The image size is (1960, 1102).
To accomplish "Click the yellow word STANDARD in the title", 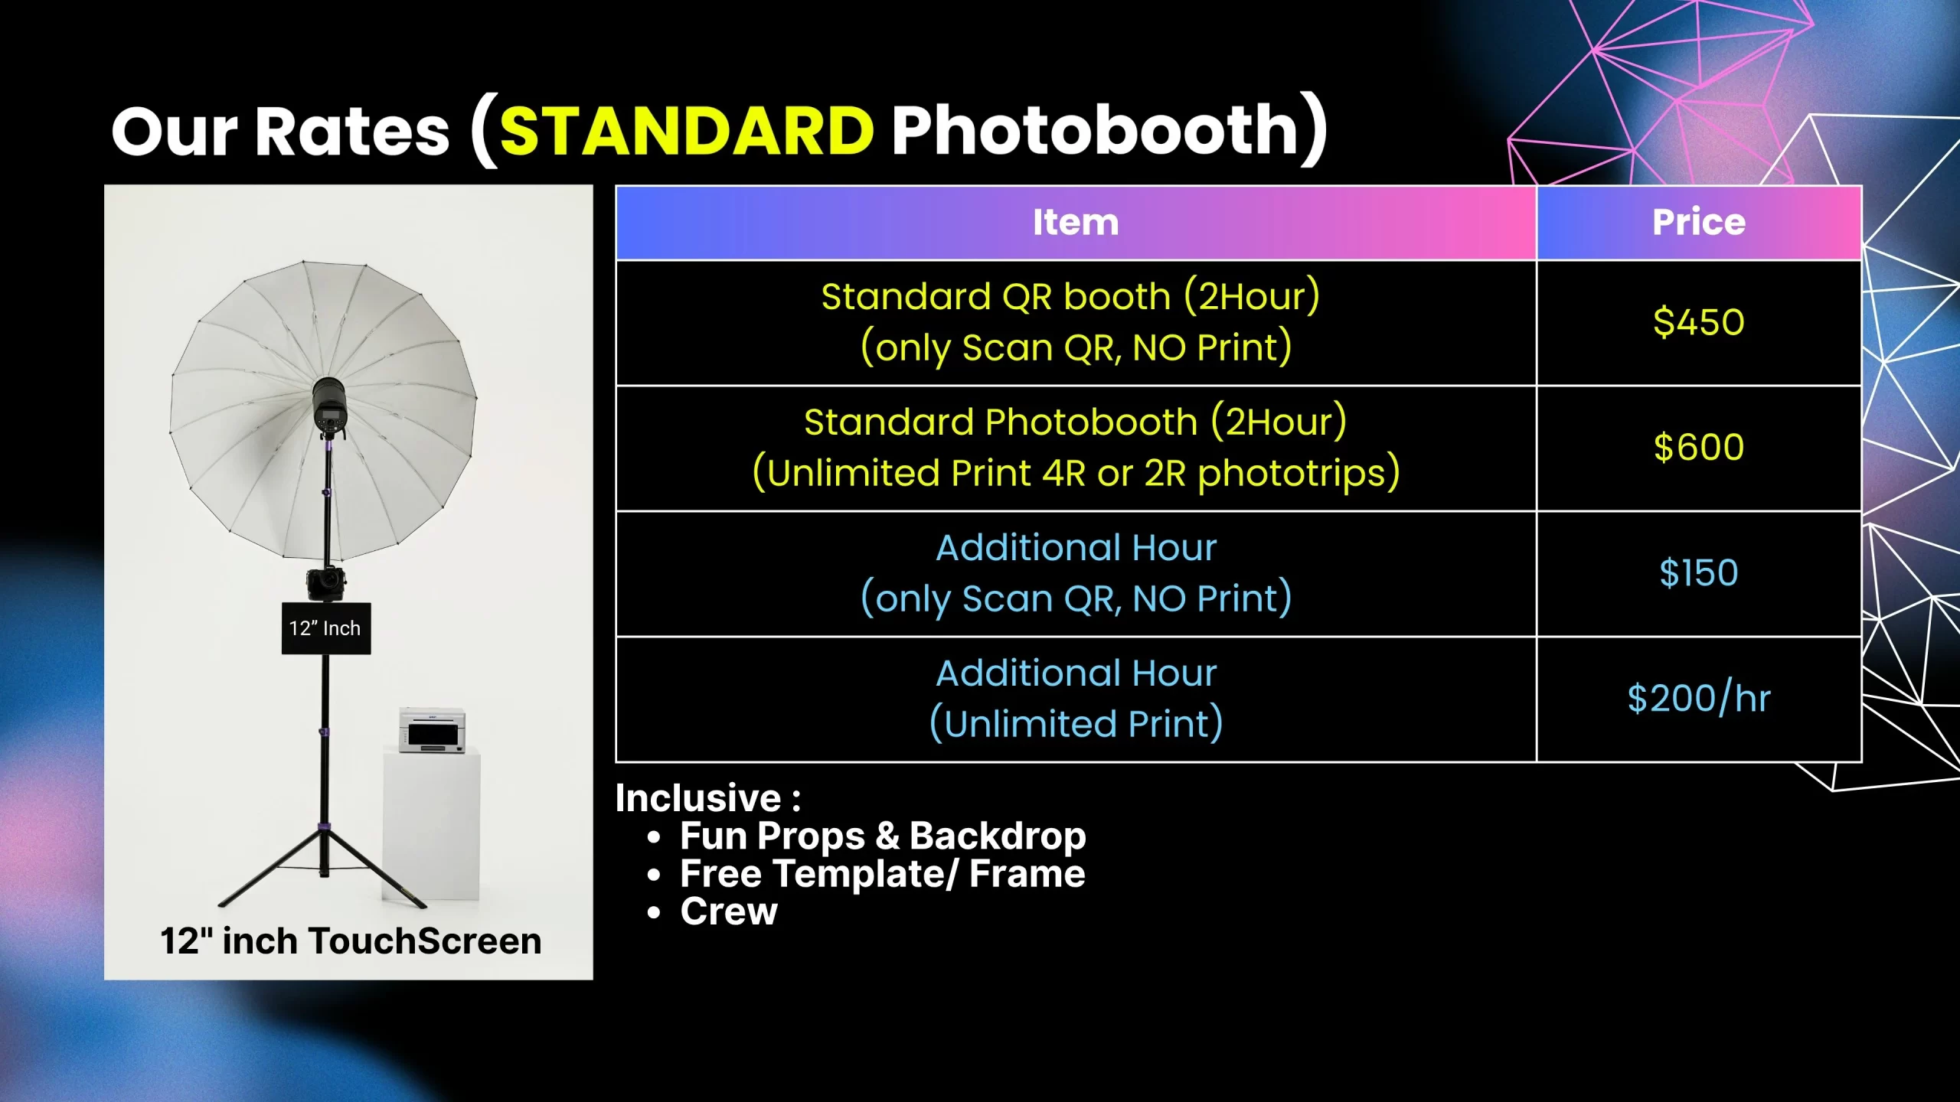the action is [x=687, y=130].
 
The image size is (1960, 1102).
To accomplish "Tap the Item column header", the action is [x=1076, y=222].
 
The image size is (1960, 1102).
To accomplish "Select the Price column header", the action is [x=1699, y=222].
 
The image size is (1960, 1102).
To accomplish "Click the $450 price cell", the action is [x=1699, y=321].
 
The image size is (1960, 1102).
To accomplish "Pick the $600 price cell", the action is [x=1699, y=447].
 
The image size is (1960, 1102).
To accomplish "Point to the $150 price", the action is [x=1699, y=572].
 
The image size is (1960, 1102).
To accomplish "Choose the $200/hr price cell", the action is [x=1699, y=698].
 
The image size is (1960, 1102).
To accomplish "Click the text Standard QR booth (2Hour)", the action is [x=1070, y=296].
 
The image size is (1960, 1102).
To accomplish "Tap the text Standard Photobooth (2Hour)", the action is [x=1076, y=422].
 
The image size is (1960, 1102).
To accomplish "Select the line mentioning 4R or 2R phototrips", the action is [x=1076, y=472].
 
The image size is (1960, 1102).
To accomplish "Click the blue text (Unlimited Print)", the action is [x=1076, y=723].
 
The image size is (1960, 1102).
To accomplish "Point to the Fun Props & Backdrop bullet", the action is [x=883, y=836].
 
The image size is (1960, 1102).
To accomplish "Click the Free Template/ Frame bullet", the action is [x=883, y=874].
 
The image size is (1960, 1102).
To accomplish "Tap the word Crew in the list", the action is [x=729, y=911].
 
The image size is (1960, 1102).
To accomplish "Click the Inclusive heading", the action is [x=708, y=798].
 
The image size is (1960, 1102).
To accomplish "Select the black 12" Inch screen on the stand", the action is [x=326, y=628].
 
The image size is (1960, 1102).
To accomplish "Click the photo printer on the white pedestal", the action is [x=432, y=731].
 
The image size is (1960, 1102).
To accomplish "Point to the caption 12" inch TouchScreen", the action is [x=351, y=941].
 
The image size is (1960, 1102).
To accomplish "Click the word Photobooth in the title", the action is [x=1096, y=130].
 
